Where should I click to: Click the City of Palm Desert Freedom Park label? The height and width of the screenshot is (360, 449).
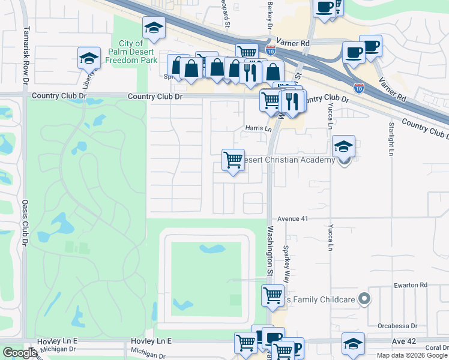coord(131,51)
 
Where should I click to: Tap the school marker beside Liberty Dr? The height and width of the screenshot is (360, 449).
coord(89,59)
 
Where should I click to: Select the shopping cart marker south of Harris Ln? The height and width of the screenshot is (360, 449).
coord(233,160)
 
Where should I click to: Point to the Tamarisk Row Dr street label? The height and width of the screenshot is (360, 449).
coord(26,54)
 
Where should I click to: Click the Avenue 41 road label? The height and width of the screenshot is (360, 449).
coord(292,219)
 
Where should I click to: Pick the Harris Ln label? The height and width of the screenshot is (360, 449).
coord(258,128)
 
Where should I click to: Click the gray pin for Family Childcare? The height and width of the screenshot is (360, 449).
coord(363,298)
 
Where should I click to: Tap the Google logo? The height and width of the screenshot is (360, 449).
coord(20,353)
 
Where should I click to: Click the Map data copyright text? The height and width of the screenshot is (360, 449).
coord(412,355)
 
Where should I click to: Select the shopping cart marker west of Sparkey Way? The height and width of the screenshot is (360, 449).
coord(273,295)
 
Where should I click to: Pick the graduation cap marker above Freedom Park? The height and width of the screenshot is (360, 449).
coord(154,28)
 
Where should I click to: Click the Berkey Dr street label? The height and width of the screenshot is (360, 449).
coord(270,10)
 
